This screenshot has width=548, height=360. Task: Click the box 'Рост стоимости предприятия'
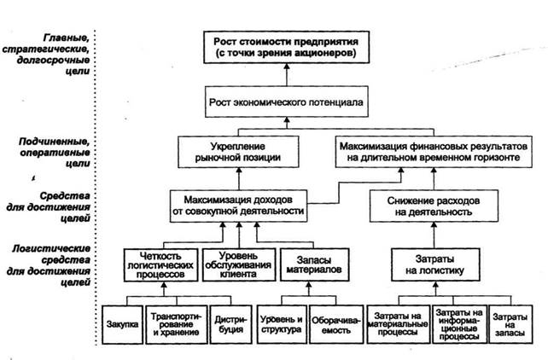pyautogui.click(x=286, y=47)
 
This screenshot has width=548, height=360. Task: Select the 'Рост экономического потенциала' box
pyautogui.click(x=286, y=102)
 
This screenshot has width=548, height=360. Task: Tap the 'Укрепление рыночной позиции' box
pyautogui.click(x=238, y=152)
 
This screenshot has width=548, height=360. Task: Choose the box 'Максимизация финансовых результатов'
pyautogui.click(x=434, y=152)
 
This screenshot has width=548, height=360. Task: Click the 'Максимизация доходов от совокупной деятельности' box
pyautogui.click(x=238, y=206)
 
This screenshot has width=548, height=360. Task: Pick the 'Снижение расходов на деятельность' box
pyautogui.click(x=434, y=206)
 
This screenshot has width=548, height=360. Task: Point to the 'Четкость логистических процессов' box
pyautogui.click(x=160, y=264)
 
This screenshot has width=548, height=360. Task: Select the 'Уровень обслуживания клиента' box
pyautogui.click(x=239, y=264)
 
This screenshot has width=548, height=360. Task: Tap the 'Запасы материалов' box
pyautogui.click(x=314, y=264)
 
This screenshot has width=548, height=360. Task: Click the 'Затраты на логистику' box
pyautogui.click(x=435, y=264)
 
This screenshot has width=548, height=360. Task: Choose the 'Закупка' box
pyautogui.click(x=122, y=324)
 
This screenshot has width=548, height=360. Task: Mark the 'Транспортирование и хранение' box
pyautogui.click(x=177, y=324)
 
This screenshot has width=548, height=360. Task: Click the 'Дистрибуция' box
pyautogui.click(x=230, y=324)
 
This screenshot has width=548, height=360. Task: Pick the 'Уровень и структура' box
pyautogui.click(x=282, y=324)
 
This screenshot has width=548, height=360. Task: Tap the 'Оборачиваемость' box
pyautogui.click(x=335, y=324)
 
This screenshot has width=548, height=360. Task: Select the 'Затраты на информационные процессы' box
pyautogui.click(x=459, y=324)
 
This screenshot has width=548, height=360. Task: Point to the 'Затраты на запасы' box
pyautogui.click(x=510, y=324)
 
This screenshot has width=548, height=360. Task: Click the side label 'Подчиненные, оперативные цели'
pyautogui.click(x=54, y=152)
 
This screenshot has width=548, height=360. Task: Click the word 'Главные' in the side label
pyautogui.click(x=67, y=38)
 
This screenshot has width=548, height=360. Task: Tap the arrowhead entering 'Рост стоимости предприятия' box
pyautogui.click(x=287, y=67)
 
